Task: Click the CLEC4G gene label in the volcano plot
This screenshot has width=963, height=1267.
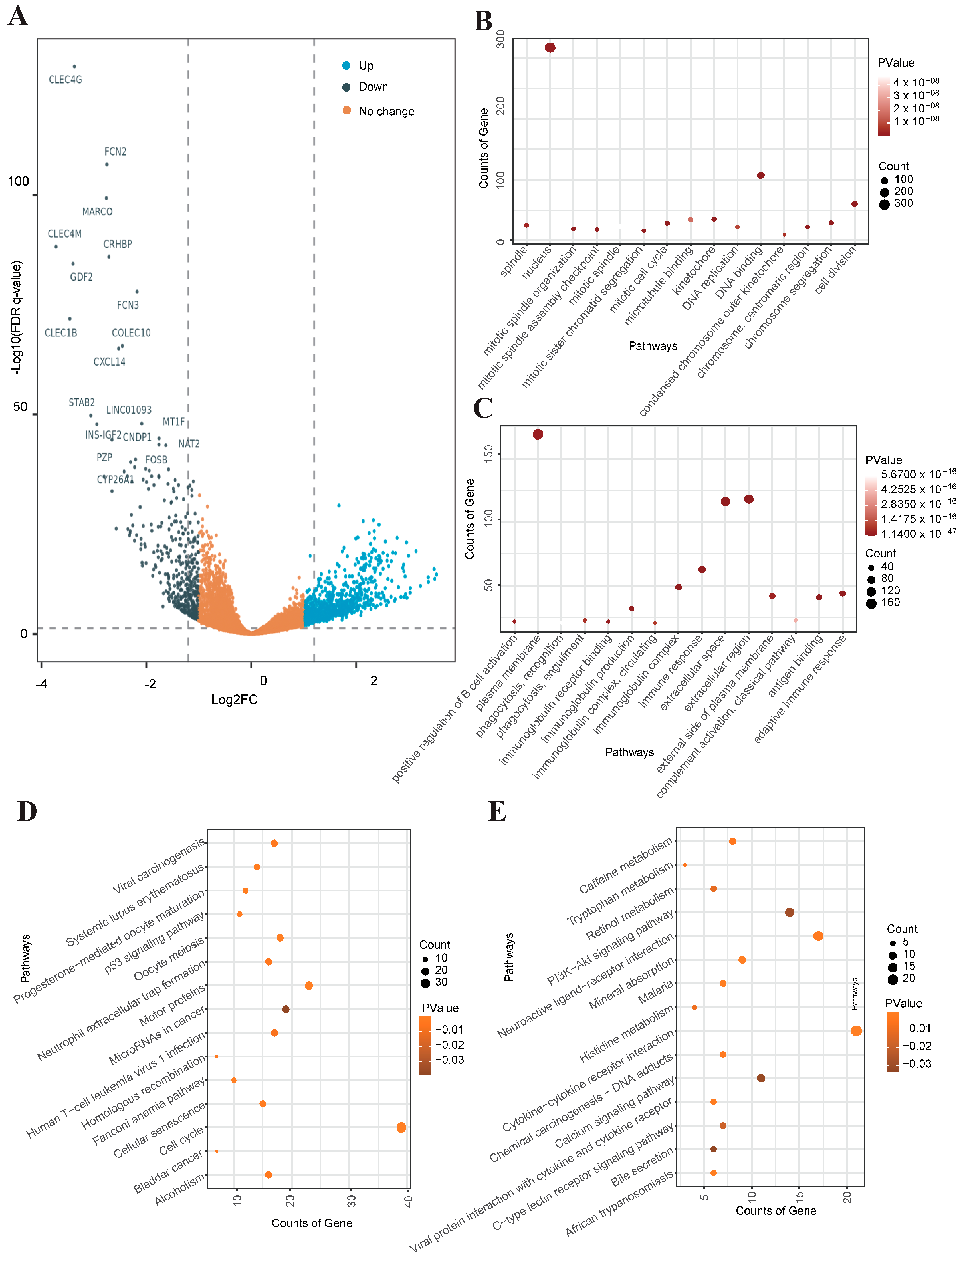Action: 65,80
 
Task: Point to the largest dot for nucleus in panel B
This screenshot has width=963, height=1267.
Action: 550,48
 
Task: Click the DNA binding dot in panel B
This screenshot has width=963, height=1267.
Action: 761,176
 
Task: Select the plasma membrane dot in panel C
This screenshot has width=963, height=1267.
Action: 538,435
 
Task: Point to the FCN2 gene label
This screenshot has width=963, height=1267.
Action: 115,151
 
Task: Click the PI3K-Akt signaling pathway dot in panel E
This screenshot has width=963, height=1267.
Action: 789,912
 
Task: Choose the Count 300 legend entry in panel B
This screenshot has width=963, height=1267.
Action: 903,204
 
